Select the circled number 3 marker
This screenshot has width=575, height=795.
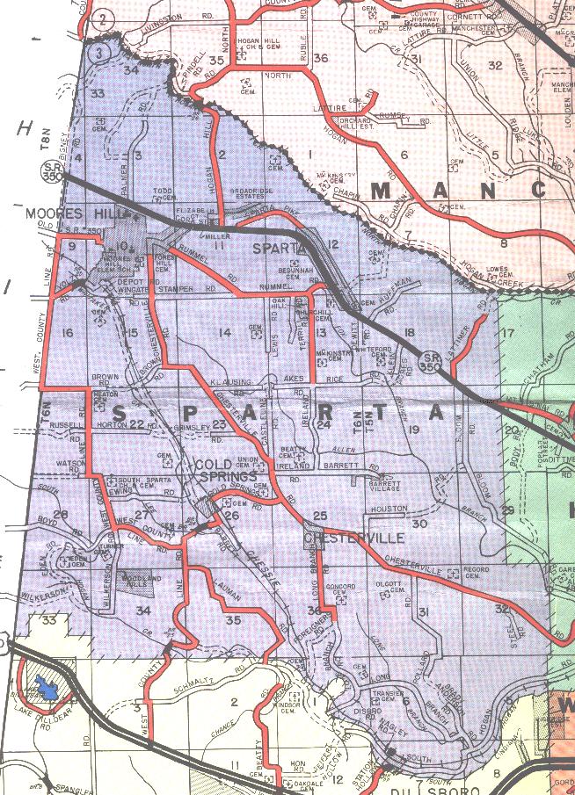102,53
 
